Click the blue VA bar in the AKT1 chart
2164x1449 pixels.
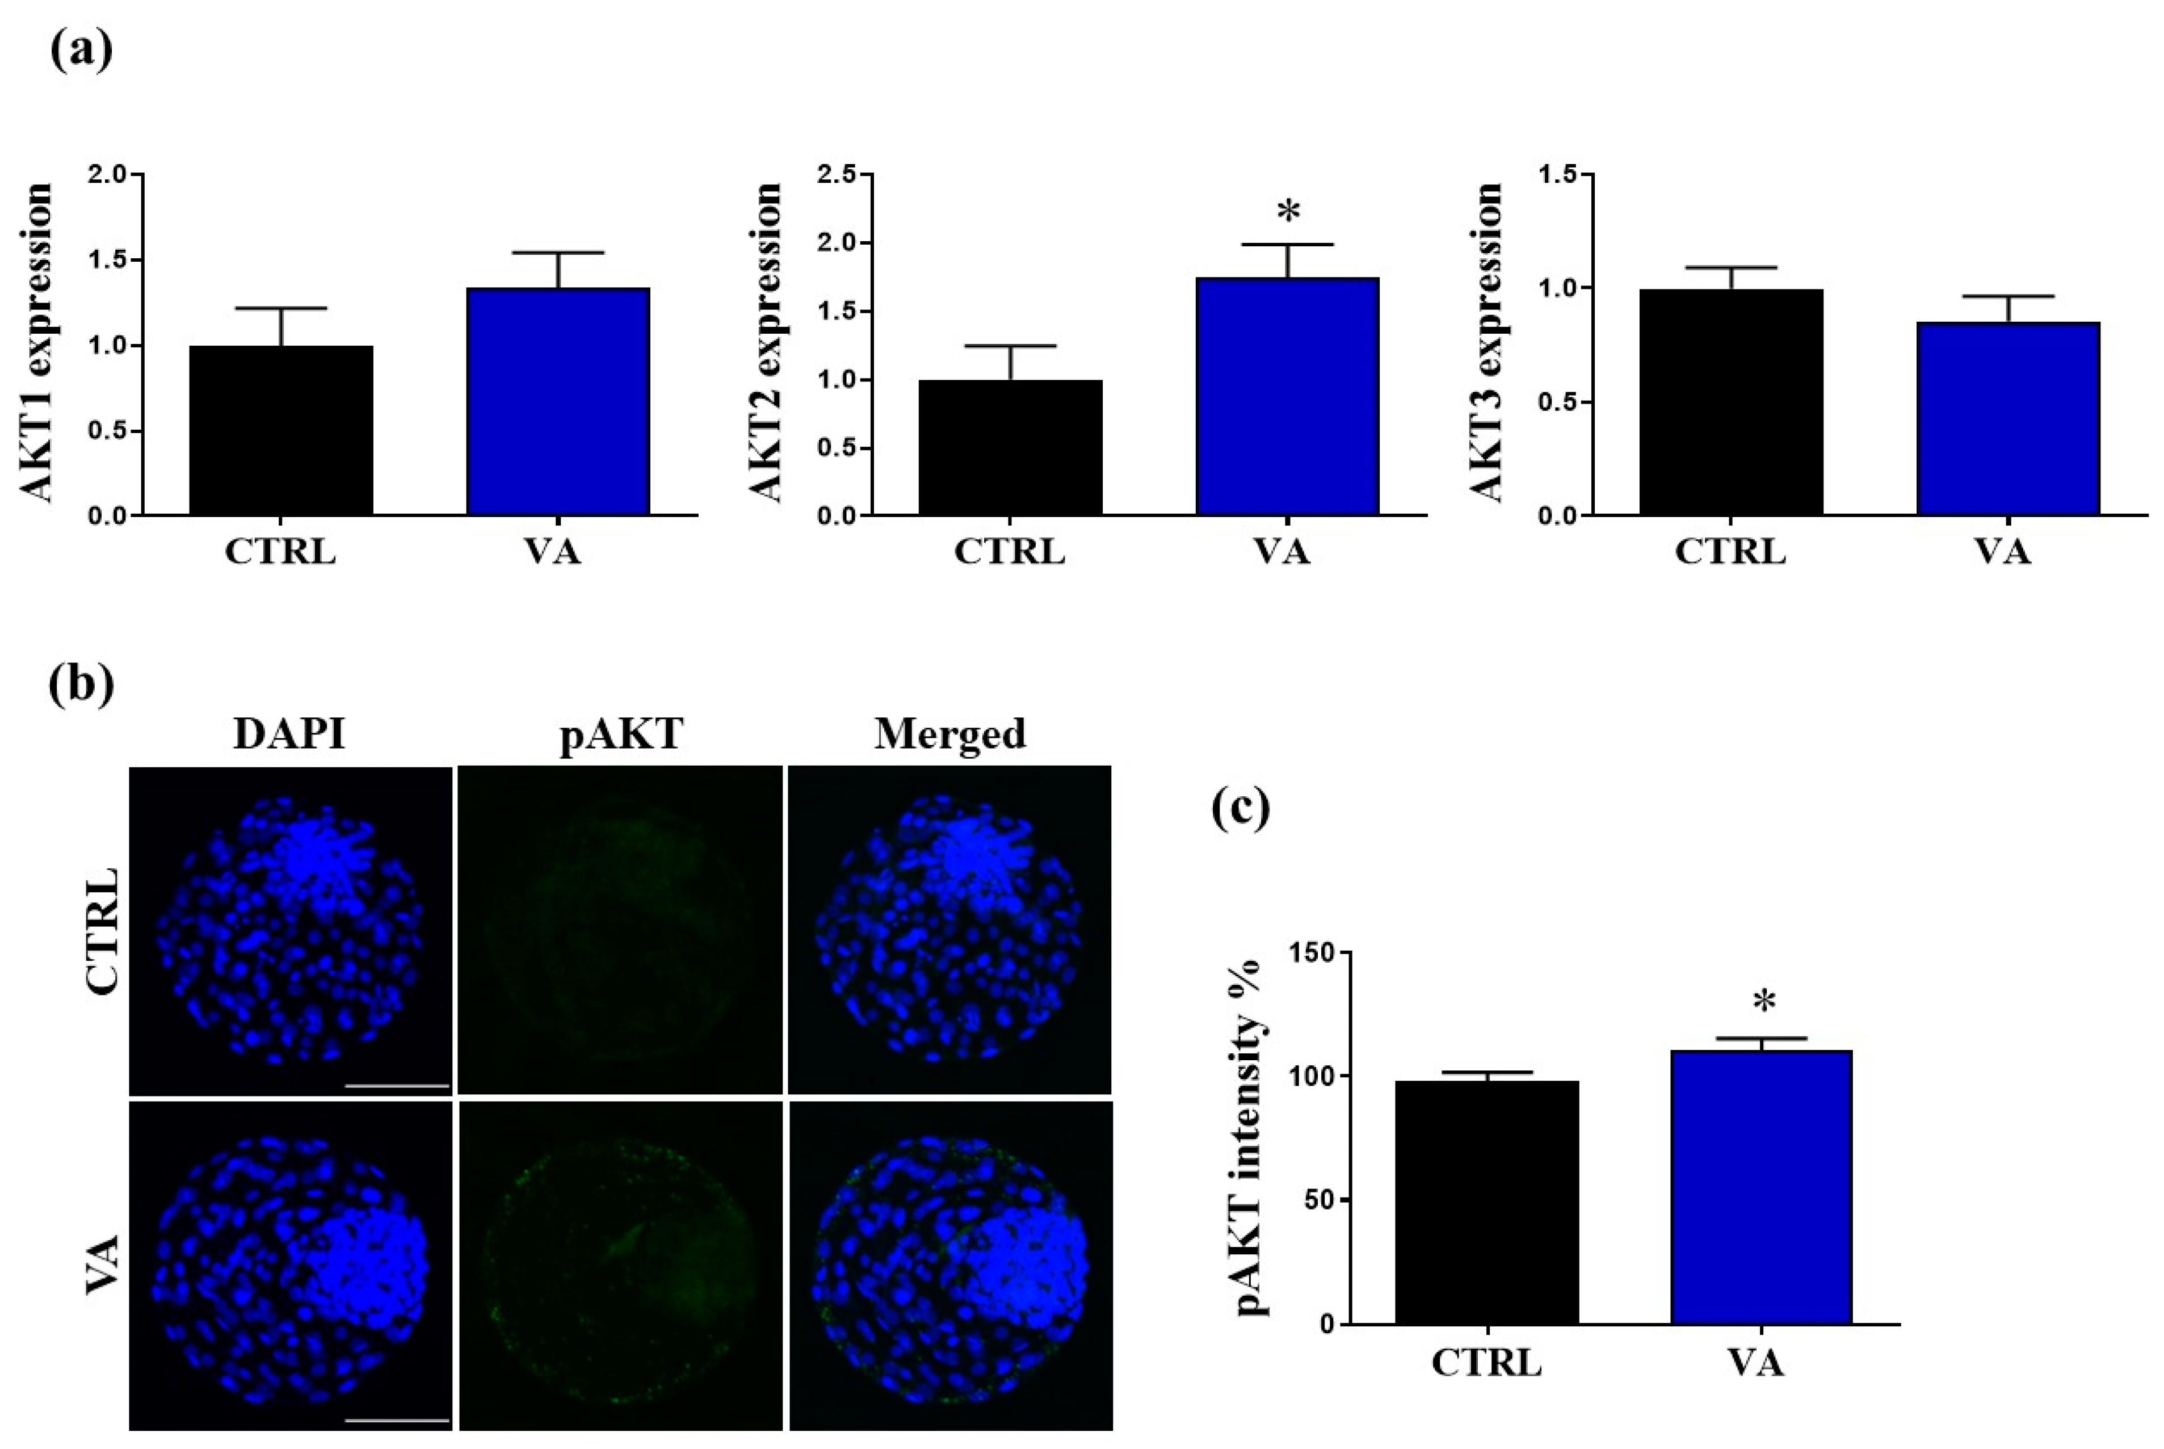[557, 401]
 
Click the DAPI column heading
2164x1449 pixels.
[289, 734]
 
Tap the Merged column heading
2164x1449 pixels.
[950, 734]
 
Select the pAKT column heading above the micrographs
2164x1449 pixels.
[621, 734]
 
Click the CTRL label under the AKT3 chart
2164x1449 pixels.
[1730, 553]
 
